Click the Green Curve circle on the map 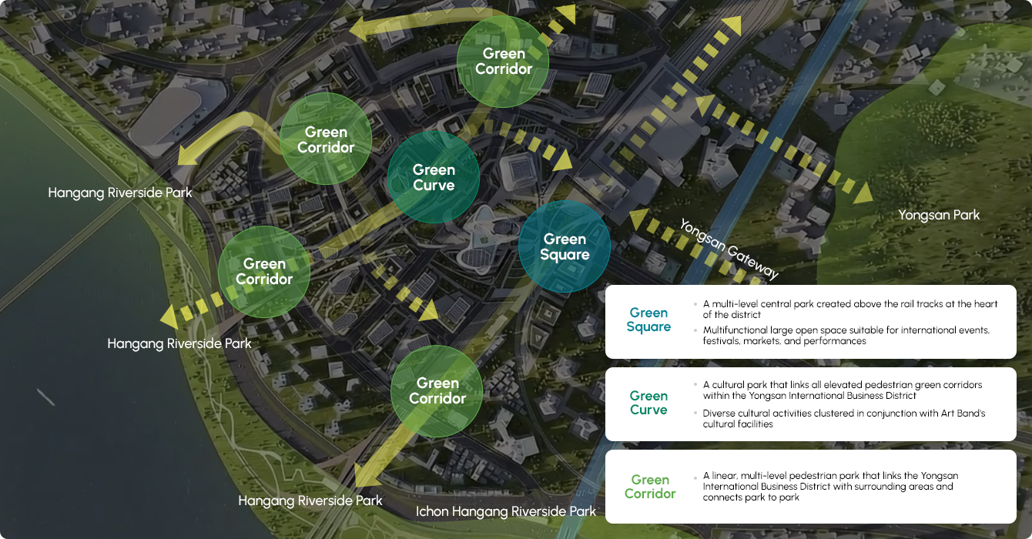(x=434, y=177)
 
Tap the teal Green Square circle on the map (x=565, y=246)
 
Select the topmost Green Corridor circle (x=503, y=62)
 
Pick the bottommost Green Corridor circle (x=437, y=391)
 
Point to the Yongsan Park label (x=939, y=215)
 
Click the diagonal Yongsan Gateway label (x=729, y=249)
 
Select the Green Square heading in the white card (x=648, y=320)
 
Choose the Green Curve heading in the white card (x=648, y=403)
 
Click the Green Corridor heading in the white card (x=650, y=487)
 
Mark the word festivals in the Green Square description (x=719, y=341)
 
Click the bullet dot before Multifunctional (x=695, y=330)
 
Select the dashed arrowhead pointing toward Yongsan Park (x=863, y=192)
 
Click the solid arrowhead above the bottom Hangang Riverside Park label (x=367, y=475)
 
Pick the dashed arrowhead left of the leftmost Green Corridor (x=170, y=316)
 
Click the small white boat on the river (x=45, y=397)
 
